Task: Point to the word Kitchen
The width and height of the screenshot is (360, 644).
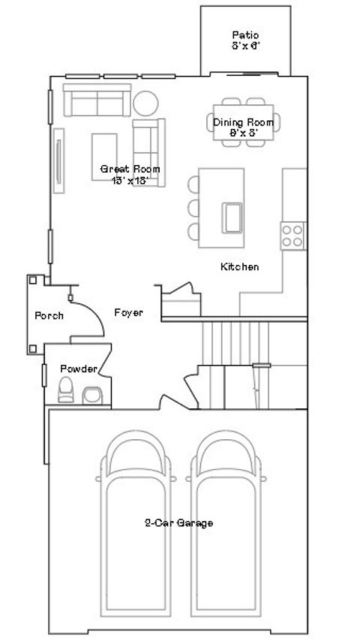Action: click(x=239, y=266)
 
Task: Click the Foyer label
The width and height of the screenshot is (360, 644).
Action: click(x=128, y=312)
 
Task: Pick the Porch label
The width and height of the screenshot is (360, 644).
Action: click(x=49, y=316)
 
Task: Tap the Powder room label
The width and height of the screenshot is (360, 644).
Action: click(x=78, y=369)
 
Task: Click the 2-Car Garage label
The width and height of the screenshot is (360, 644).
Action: click(x=178, y=523)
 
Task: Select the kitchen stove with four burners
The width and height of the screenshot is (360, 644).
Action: click(x=292, y=236)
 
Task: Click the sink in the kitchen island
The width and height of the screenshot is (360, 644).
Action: click(x=232, y=217)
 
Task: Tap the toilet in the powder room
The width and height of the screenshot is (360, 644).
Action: click(x=65, y=391)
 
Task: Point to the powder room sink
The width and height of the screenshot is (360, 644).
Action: click(x=94, y=395)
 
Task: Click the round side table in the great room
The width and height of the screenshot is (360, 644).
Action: click(x=145, y=102)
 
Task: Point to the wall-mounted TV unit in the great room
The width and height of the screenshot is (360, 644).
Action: click(x=58, y=157)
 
